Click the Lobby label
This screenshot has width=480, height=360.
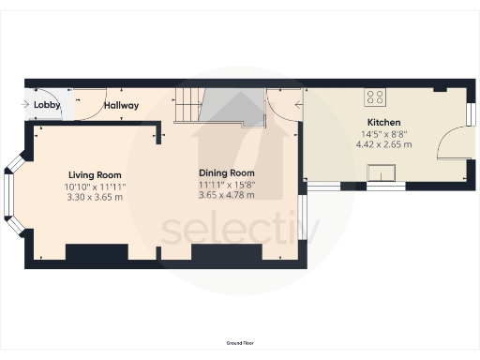point(47,105)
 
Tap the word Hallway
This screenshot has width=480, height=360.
point(122,105)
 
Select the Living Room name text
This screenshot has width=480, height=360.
point(95,175)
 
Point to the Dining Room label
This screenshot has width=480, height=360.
point(227,173)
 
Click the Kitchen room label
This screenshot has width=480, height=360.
point(383,123)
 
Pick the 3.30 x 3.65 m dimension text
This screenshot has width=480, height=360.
point(95,198)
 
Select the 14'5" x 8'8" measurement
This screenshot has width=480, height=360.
point(383,134)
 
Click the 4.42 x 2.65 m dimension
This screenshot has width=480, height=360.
point(383,144)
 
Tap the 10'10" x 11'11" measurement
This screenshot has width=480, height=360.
point(95,187)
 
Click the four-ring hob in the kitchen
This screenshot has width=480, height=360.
point(376,96)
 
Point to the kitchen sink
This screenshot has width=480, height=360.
point(382,171)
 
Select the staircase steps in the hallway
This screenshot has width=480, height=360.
point(187,104)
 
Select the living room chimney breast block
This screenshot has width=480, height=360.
point(97,253)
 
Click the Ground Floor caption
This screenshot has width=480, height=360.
point(240,344)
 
